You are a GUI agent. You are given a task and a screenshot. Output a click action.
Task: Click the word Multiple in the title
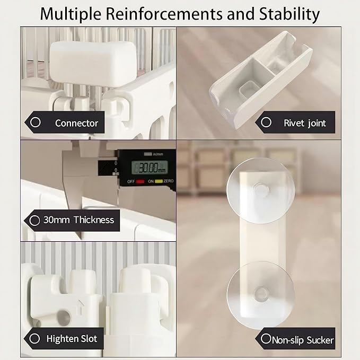tap(71, 14)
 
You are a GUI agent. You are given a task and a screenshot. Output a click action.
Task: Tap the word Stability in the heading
tap(289, 14)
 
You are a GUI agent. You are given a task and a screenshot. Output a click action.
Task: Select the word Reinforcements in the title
tap(164, 14)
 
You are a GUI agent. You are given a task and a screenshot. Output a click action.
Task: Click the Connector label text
tap(76, 124)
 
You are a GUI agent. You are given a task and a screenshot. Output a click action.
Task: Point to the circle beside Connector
tap(36, 122)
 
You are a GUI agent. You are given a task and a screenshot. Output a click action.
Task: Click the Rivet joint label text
tap(305, 124)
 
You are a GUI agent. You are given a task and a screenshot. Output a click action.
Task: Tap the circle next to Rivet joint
tap(266, 122)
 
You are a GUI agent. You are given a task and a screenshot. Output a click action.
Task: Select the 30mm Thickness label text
tap(78, 220)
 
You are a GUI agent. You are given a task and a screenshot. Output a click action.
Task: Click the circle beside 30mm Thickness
tap(34, 221)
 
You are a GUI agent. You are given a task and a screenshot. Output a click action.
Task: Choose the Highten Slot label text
tap(72, 339)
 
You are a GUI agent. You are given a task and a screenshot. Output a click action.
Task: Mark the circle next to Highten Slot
tap(34, 338)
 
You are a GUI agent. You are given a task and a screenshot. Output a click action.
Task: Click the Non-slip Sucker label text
tap(303, 340)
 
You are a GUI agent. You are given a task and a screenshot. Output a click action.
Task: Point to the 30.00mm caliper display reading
tap(150, 168)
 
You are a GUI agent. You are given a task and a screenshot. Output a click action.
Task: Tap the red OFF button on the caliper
tap(140, 181)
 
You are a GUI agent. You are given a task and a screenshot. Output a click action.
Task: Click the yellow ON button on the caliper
tap(159, 181)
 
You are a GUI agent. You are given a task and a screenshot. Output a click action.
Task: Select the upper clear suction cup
tap(260, 190)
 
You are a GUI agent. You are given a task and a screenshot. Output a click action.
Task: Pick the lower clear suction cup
tap(260, 294)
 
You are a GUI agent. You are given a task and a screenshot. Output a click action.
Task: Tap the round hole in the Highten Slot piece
tap(64, 317)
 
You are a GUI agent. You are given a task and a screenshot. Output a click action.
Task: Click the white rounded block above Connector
tap(93, 64)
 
